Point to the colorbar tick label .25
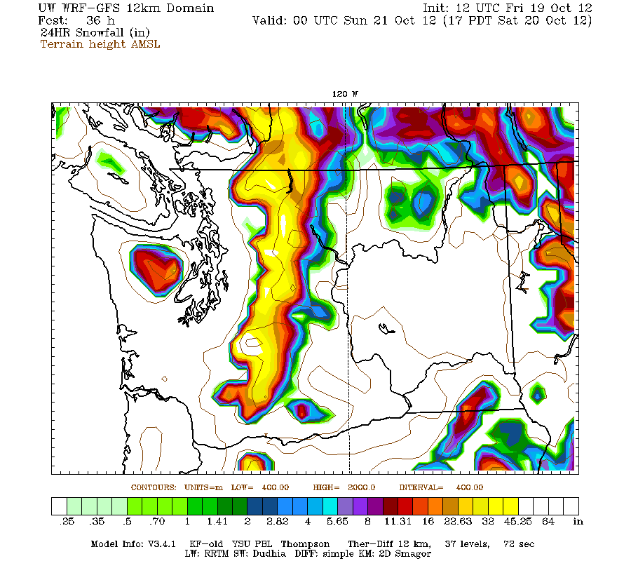pos(67,522)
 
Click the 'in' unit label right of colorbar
pos(578,522)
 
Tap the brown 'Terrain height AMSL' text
pos(100,44)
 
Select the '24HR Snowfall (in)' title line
pos(95,33)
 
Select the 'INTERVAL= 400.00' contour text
pos(441,487)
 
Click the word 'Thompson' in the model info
pos(303,544)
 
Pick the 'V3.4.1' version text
pos(163,544)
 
